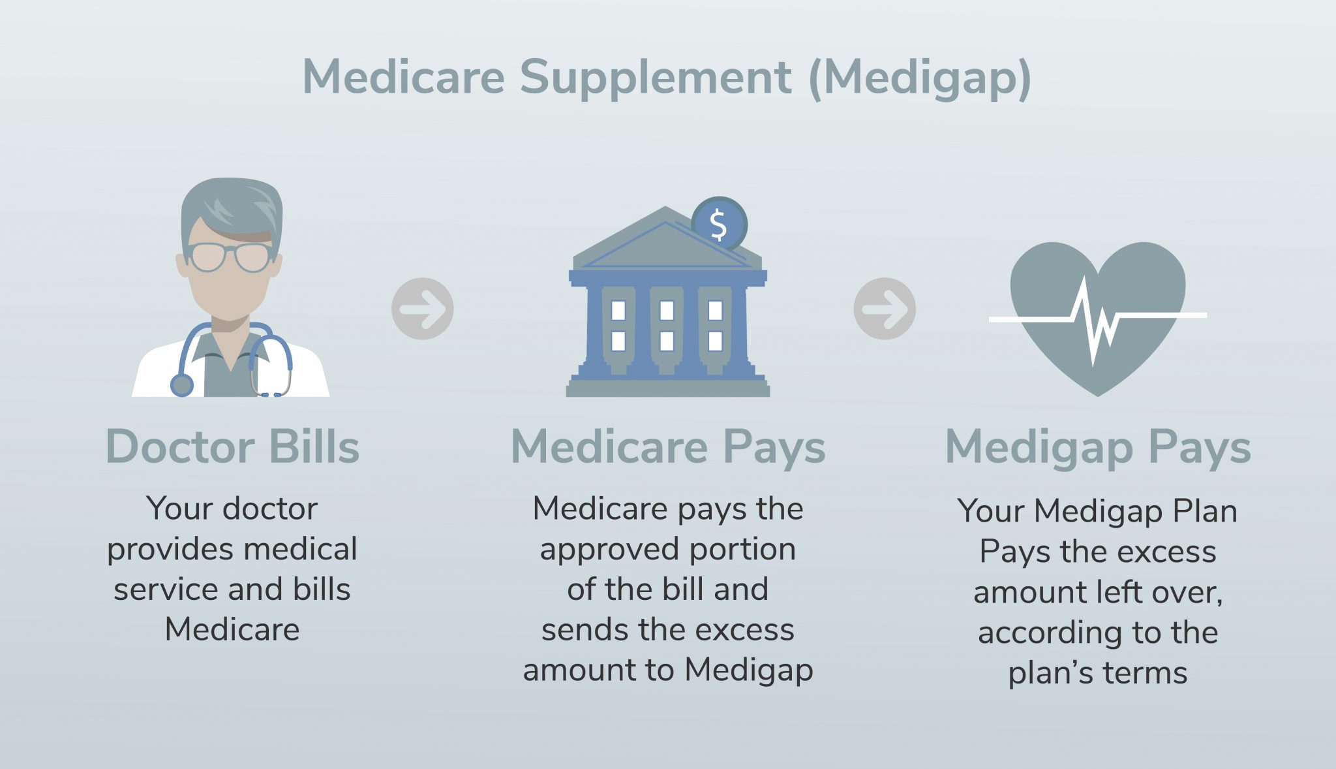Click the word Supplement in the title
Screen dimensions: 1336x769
(x=655, y=78)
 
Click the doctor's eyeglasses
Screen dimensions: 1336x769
(x=230, y=257)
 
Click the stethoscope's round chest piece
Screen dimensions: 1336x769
(x=182, y=384)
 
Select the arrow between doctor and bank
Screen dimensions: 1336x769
(x=423, y=309)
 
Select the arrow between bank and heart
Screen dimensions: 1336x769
(x=885, y=309)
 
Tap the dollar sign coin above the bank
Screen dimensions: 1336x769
(x=719, y=224)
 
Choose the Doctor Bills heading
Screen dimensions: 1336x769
(x=233, y=447)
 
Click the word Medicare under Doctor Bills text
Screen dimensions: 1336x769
(x=232, y=629)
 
